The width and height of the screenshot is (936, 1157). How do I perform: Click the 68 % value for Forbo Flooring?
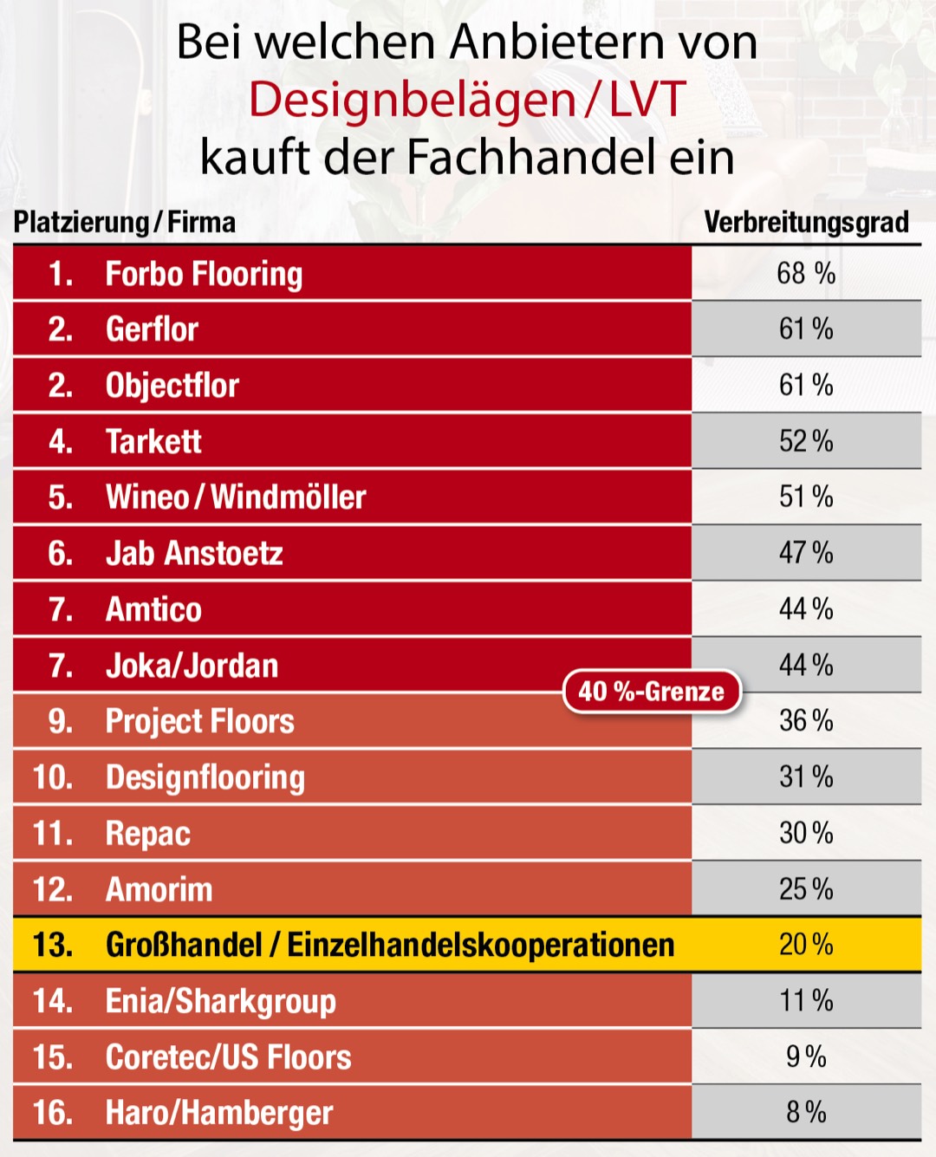806,274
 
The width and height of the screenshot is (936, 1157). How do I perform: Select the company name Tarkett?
153,442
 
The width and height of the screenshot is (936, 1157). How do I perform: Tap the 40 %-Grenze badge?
652,692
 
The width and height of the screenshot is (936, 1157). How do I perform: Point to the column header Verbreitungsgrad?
806,223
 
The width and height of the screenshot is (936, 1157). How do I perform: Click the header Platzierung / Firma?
125,223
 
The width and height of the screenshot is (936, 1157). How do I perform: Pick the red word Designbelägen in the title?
413,100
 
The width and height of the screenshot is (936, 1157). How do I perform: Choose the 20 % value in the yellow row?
806,945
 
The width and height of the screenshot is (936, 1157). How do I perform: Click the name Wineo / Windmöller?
236,497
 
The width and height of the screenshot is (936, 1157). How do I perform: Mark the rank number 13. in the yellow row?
53,945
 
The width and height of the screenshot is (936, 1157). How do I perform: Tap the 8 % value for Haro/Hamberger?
806,1112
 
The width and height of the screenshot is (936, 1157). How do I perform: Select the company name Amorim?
159,889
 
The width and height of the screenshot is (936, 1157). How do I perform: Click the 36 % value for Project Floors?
806,721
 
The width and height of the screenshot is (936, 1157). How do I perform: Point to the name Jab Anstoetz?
194,554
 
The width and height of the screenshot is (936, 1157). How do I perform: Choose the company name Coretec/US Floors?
229,1057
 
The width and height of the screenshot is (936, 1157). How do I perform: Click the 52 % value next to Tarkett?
806,442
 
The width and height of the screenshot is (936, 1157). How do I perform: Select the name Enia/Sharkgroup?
221,1001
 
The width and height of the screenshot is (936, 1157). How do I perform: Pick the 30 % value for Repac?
806,833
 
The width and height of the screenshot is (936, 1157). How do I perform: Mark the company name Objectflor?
172,386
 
